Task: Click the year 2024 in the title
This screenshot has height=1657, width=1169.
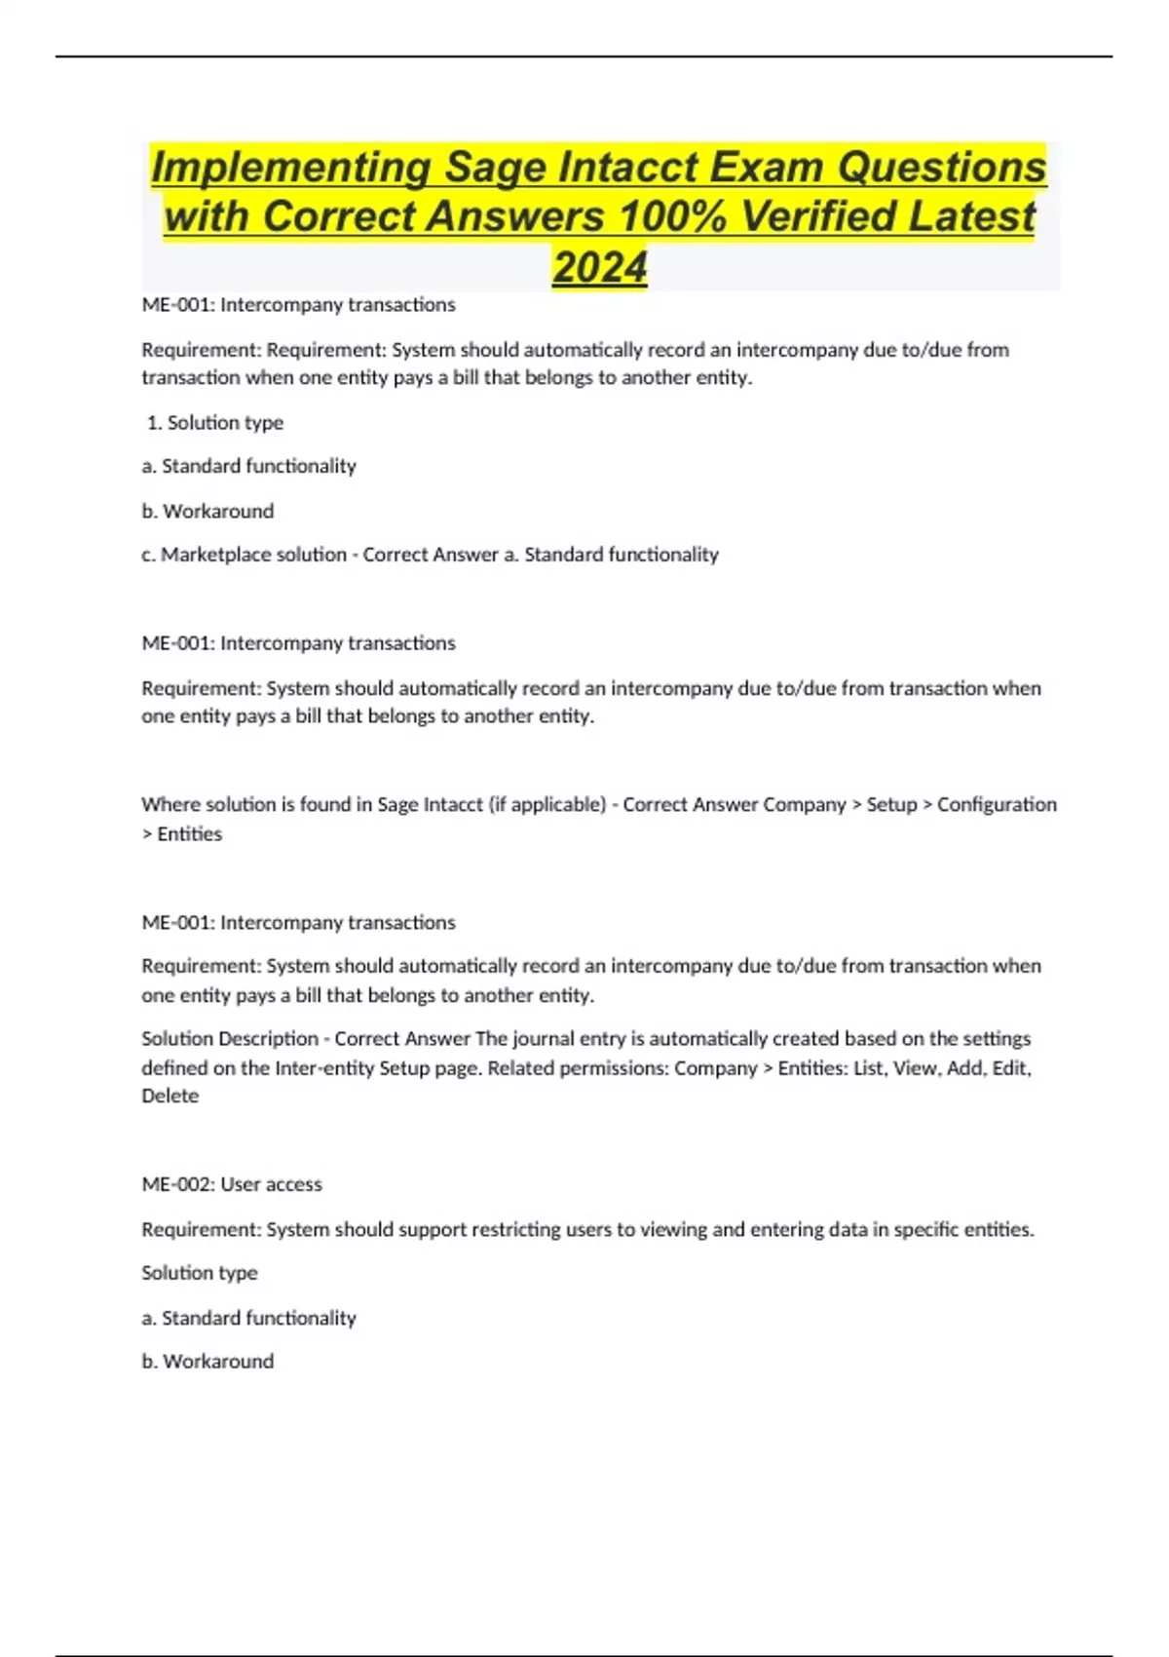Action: pyautogui.click(x=599, y=267)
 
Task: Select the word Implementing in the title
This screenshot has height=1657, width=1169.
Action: pyautogui.click(x=290, y=167)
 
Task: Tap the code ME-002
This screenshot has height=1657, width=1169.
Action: pyautogui.click(x=177, y=1184)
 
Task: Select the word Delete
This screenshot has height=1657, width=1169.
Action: pyautogui.click(x=170, y=1096)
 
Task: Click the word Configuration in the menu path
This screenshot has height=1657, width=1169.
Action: pyautogui.click(x=997, y=804)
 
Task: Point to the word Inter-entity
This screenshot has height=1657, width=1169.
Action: pyautogui.click(x=324, y=1067)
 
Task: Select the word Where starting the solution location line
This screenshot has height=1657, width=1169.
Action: pyautogui.click(x=167, y=804)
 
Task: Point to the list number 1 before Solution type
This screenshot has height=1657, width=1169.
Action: pyautogui.click(x=154, y=422)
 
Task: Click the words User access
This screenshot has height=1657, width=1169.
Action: pyautogui.click(x=271, y=1184)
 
